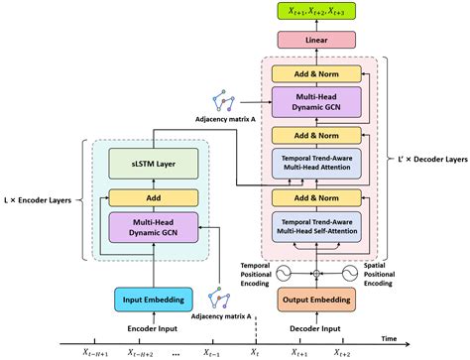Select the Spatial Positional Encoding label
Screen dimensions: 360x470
[x=396, y=271]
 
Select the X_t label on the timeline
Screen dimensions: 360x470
[x=255, y=351]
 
